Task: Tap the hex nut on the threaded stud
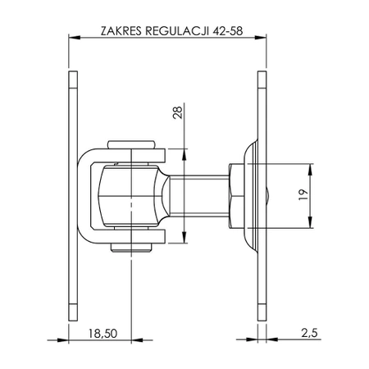(235, 196)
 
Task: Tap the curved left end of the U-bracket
(84, 196)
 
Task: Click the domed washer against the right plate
(249, 196)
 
